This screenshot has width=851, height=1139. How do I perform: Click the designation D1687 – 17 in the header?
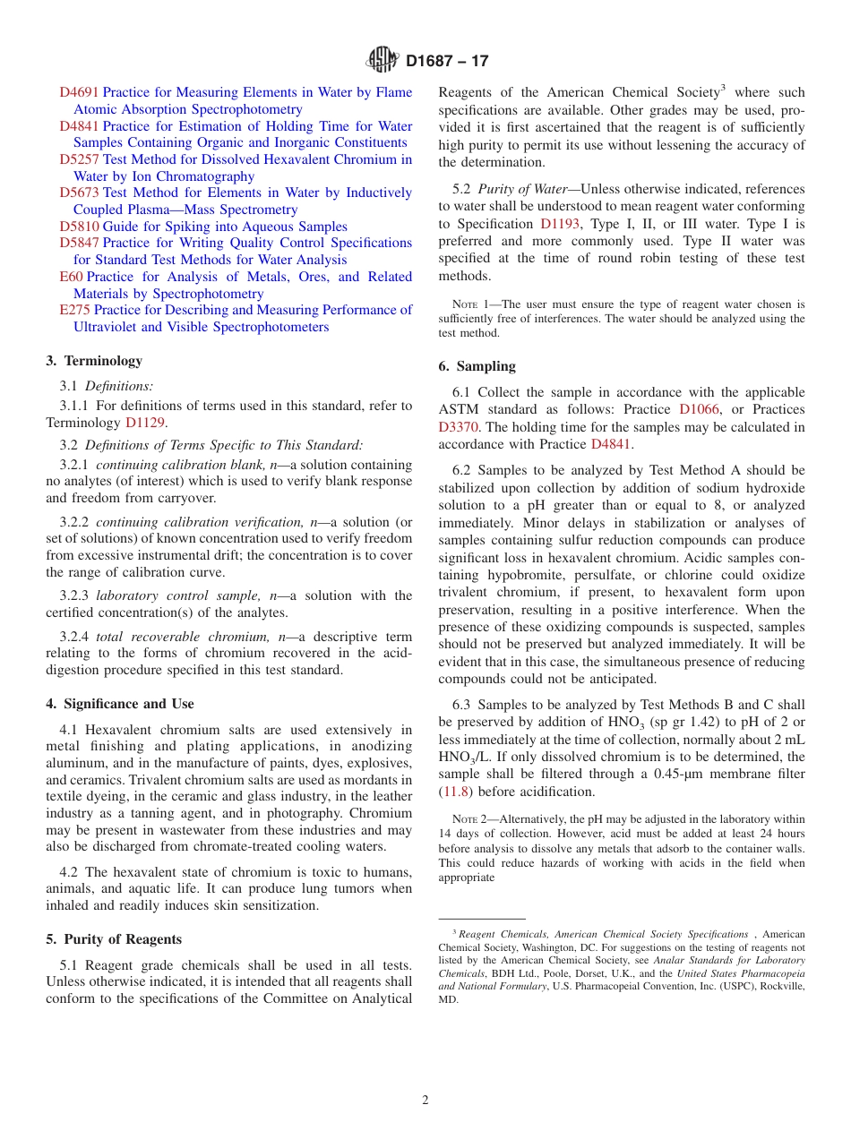point(447,62)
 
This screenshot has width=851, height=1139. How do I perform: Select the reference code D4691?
point(79,92)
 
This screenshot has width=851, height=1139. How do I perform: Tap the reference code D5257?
point(79,159)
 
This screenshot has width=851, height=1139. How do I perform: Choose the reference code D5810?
point(79,227)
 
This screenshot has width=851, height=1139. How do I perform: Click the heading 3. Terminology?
point(94,361)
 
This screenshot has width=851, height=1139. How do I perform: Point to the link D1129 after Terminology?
point(145,423)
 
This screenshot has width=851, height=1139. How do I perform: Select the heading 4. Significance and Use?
point(120,704)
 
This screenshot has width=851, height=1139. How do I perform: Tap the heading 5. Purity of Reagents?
point(114,939)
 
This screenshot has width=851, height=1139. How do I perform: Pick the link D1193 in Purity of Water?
point(561,224)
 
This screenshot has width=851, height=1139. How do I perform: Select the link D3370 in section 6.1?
point(458,427)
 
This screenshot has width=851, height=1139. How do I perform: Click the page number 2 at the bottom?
point(425,1100)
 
